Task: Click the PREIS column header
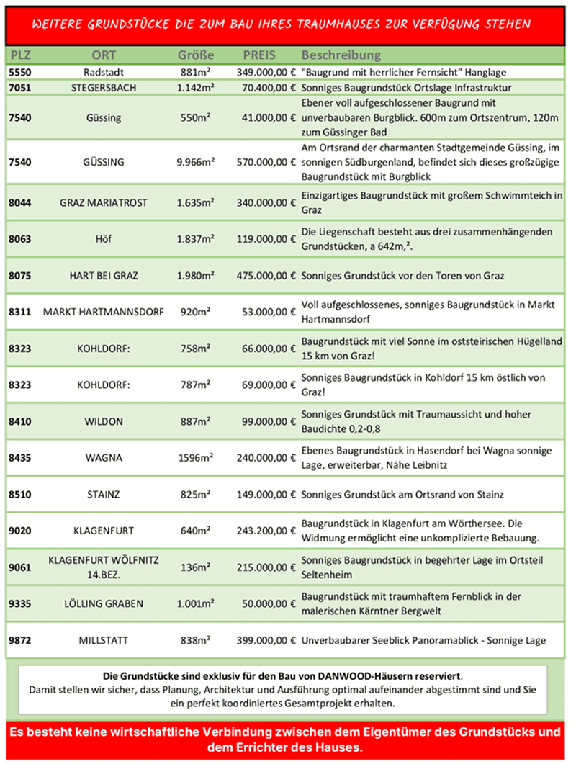coord(259,55)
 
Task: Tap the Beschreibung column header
coord(341,55)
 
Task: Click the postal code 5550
coord(20,72)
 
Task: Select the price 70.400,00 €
coord(266,88)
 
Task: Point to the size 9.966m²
coord(196,162)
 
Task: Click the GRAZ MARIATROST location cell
coord(104,203)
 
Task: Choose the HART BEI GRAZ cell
coord(104,275)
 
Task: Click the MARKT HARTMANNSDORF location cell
coord(104,312)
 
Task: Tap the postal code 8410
coord(20,421)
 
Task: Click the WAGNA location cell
coord(104,458)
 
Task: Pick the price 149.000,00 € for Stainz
coord(266,495)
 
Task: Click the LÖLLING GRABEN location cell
coord(104,603)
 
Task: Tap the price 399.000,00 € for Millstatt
coord(266,640)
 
